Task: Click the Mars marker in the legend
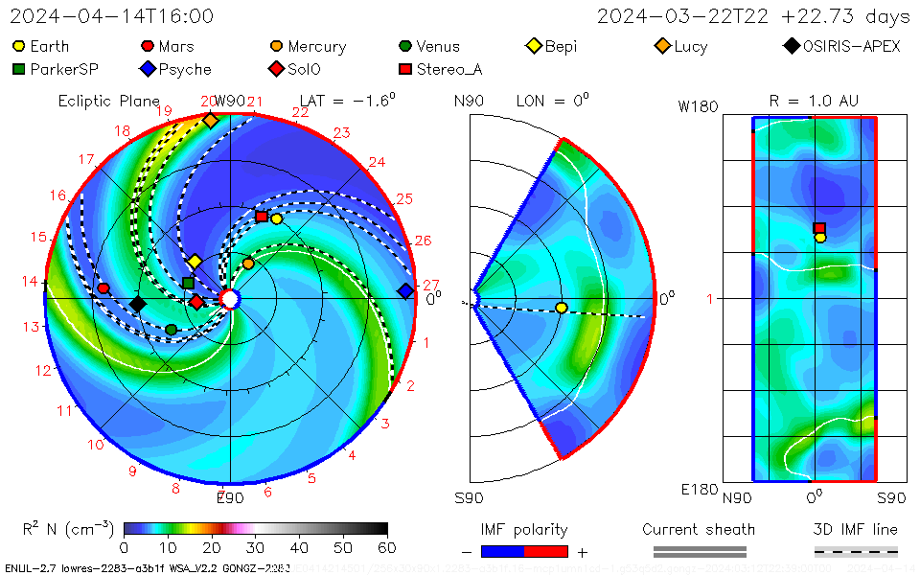tap(148, 46)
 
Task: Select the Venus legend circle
tap(405, 46)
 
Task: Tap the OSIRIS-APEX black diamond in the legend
tap(791, 46)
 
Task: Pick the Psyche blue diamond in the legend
tap(148, 69)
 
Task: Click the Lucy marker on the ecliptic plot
tap(210, 121)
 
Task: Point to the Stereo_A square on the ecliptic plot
tap(261, 217)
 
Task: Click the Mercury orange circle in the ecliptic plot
tap(248, 264)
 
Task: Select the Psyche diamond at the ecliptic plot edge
tap(405, 290)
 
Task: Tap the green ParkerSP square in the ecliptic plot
tap(188, 283)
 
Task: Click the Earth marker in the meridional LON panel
tap(562, 308)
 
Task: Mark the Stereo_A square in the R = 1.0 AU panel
tap(819, 228)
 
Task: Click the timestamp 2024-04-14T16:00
tap(112, 16)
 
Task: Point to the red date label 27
tap(430, 285)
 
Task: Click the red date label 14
tap(32, 282)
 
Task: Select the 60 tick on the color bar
tap(387, 548)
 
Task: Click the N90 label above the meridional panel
tap(469, 101)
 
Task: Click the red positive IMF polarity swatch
tap(546, 551)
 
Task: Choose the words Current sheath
tap(699, 529)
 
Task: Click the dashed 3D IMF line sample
tap(856, 551)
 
